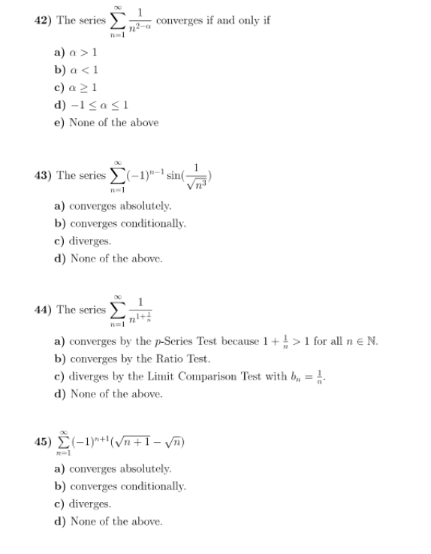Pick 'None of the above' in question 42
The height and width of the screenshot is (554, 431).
point(106,122)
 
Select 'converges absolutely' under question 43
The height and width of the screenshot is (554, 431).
point(113,205)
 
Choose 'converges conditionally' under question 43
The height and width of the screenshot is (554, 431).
point(119,223)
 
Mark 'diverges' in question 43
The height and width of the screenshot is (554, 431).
point(83,241)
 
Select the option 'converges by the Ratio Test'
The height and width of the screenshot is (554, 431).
point(128,359)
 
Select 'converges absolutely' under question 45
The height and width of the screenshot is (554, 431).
point(113,468)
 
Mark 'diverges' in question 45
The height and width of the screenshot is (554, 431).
point(83,504)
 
